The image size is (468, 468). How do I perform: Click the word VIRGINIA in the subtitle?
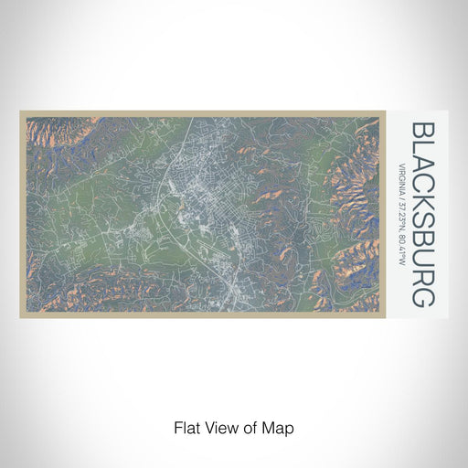click(403, 177)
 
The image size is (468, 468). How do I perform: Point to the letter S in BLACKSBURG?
click(423, 225)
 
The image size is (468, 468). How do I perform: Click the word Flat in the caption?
click(186, 427)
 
